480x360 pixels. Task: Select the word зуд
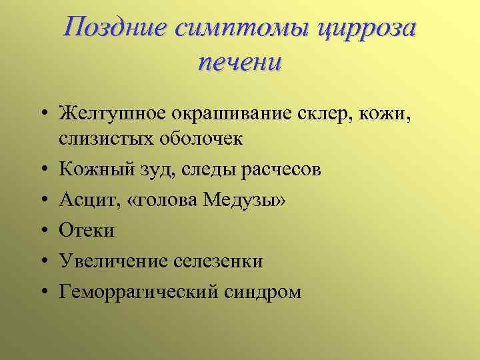[157, 170]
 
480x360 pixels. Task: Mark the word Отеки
[87, 231]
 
